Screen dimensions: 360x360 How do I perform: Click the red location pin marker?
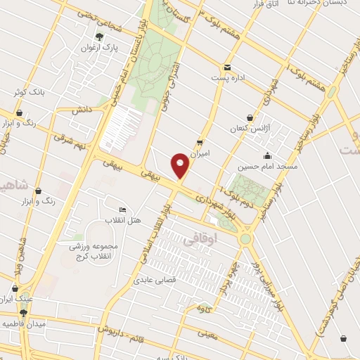pyautogui.click(x=181, y=165)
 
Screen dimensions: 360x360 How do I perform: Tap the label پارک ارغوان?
pyautogui.click(x=117, y=49)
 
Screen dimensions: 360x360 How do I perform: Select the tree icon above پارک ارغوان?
pyautogui.click(x=98, y=37)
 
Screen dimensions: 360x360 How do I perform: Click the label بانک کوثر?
pyautogui.click(x=29, y=92)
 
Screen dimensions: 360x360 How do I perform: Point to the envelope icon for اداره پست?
pyautogui.click(x=226, y=66)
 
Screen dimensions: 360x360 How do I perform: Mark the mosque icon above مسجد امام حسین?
pyautogui.click(x=266, y=155)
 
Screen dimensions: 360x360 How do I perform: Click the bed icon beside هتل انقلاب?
pyautogui.click(x=123, y=210)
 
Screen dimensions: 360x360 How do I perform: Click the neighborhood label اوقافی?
pyautogui.click(x=197, y=240)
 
